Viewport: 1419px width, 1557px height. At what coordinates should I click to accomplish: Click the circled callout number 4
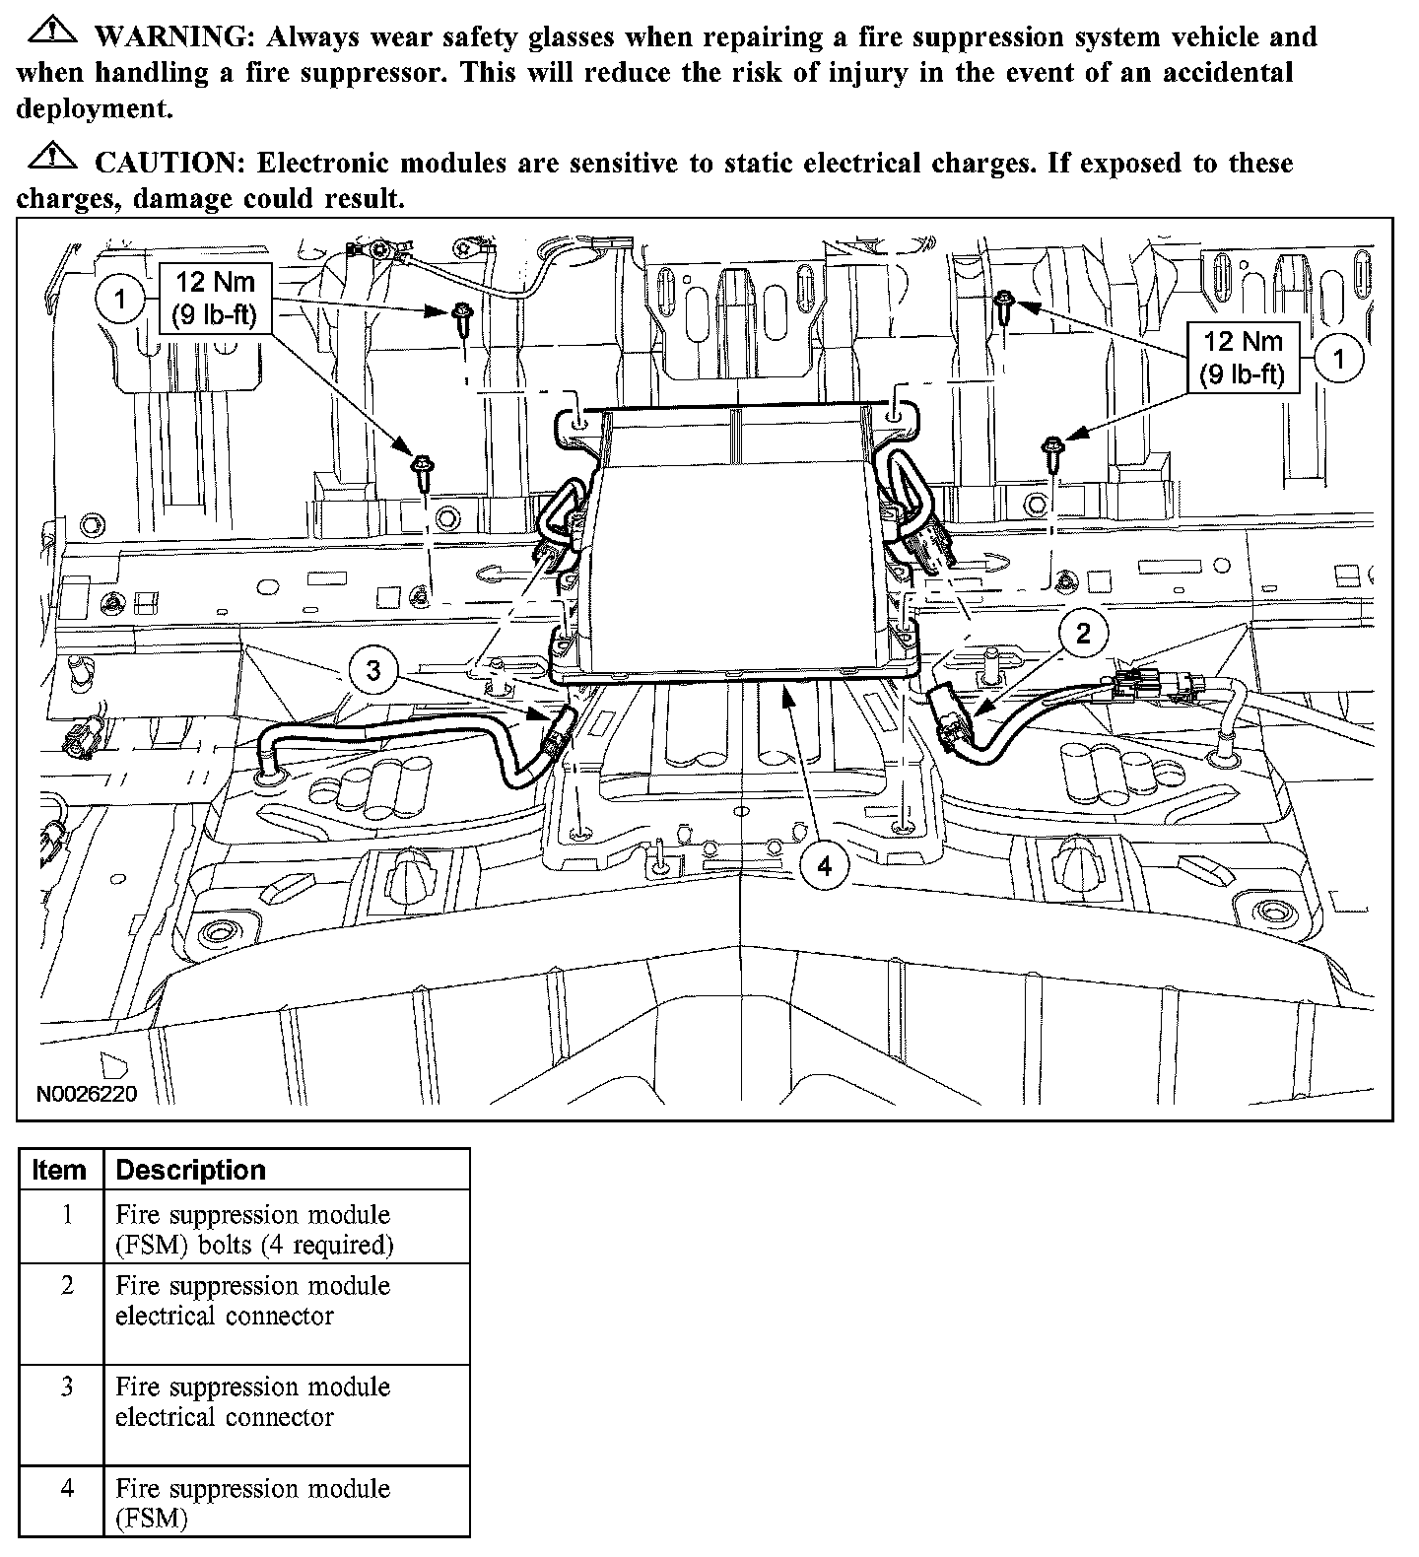824,866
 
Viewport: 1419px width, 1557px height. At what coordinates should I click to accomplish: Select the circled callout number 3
373,671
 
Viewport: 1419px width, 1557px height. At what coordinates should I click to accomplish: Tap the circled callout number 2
1083,633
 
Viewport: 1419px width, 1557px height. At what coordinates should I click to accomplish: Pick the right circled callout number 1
1337,358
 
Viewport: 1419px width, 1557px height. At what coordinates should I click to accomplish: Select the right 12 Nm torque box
1243,358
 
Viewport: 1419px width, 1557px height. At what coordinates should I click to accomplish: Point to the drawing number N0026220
87,1095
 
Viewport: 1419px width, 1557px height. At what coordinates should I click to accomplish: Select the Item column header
59,1170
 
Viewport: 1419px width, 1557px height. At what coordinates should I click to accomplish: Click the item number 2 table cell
66,1287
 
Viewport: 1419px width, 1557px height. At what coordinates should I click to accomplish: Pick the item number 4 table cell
66,1488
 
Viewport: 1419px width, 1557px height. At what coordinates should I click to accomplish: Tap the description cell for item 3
252,1402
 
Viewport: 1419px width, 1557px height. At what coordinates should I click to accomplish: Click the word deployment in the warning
94,108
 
